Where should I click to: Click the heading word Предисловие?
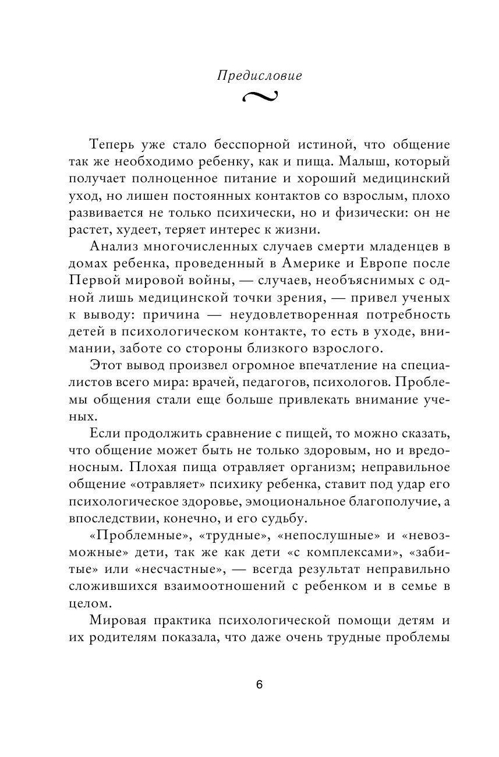(259, 76)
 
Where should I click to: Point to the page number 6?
(259, 685)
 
